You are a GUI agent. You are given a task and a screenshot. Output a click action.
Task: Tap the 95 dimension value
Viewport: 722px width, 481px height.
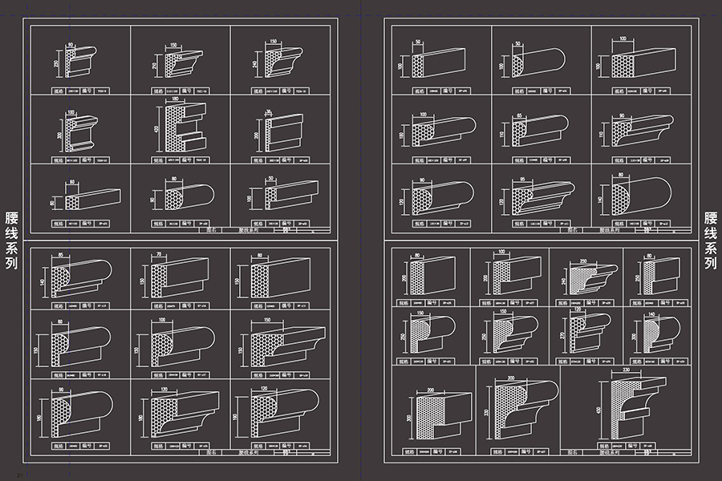[521, 180]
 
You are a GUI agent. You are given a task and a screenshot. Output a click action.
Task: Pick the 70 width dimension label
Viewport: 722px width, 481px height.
[160, 255]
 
